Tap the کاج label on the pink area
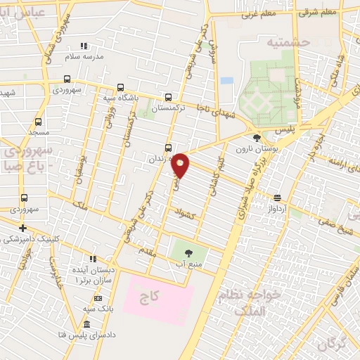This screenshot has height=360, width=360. (x=149, y=297)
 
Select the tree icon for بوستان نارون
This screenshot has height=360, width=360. (x=257, y=139)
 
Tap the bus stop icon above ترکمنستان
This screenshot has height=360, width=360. (x=167, y=98)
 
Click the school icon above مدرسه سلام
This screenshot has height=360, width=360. (x=84, y=45)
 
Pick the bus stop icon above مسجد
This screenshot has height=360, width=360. (x=38, y=122)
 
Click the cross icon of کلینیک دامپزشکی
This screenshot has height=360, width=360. (x=23, y=228)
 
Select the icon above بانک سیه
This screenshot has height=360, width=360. (x=98, y=298)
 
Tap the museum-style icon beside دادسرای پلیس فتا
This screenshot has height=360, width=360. (x=86, y=324)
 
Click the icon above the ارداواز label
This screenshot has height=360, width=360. (x=278, y=199)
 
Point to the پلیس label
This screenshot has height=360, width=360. (x=284, y=131)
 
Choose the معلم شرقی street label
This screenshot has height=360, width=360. (x=319, y=13)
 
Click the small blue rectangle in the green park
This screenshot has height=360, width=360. (x=226, y=80)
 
